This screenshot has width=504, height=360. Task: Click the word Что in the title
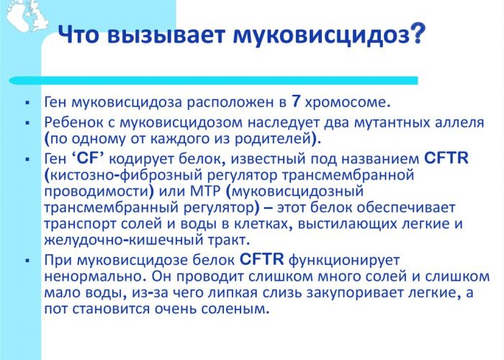(x=78, y=35)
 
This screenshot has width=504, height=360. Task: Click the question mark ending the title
(x=417, y=32)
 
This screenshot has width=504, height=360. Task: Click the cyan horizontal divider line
(x=213, y=81)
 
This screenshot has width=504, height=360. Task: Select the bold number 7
(x=296, y=102)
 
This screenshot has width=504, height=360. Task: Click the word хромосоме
(x=347, y=102)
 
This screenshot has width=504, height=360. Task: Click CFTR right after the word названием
(x=446, y=158)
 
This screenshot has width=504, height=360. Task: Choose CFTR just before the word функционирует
(x=261, y=260)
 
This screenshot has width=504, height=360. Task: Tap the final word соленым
(x=235, y=309)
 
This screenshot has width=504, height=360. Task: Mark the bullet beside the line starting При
(x=27, y=261)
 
